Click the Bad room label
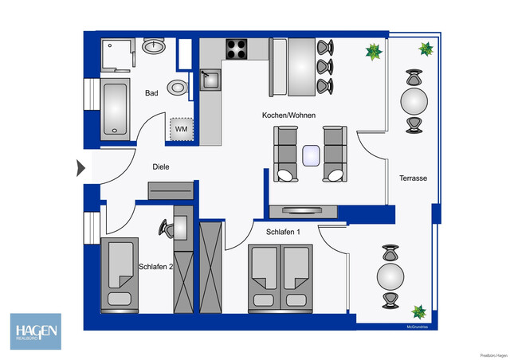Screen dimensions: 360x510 (x=151, y=93)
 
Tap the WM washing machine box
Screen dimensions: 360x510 (x=182, y=127)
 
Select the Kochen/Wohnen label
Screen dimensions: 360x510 (x=288, y=115)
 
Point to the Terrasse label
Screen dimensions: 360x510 (x=414, y=178)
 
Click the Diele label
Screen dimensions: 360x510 (x=163, y=167)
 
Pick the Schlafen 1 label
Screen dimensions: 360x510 (x=283, y=232)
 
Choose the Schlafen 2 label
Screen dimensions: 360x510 (x=155, y=267)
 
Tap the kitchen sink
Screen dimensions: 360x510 (x=210, y=79)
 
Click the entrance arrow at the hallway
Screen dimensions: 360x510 (x=81, y=168)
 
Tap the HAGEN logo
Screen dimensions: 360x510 (x=35, y=331)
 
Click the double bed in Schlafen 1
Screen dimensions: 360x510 (x=278, y=279)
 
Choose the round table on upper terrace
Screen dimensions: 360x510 (x=414, y=101)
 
